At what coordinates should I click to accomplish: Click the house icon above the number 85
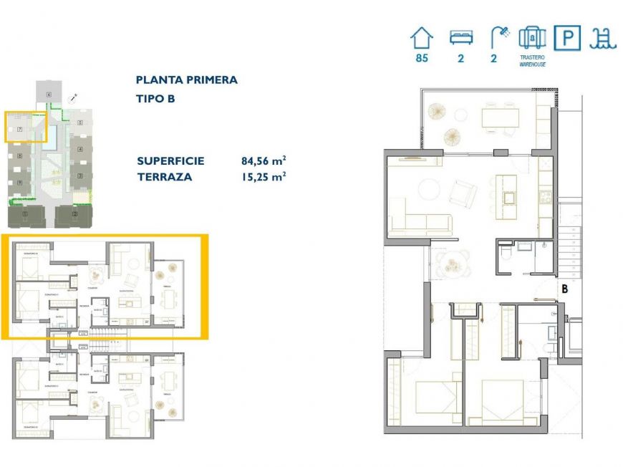[x=422, y=38]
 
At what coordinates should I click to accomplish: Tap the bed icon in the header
[x=460, y=38]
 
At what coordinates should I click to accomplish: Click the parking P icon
[x=567, y=38]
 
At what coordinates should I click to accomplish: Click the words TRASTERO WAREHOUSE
[x=532, y=60]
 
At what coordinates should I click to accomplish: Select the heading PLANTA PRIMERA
[x=186, y=80]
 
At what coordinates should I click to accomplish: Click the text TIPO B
[x=155, y=99]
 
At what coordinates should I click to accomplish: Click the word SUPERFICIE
[x=170, y=160]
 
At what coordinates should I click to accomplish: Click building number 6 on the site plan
[x=49, y=95]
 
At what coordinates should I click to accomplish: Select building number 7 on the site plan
[x=20, y=130]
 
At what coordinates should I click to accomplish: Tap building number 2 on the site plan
[x=74, y=213]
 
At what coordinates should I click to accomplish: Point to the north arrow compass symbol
[x=72, y=97]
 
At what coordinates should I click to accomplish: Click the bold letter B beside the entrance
[x=565, y=290]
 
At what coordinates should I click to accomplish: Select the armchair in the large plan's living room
[x=462, y=192]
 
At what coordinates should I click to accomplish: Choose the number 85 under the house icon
[x=422, y=59]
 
